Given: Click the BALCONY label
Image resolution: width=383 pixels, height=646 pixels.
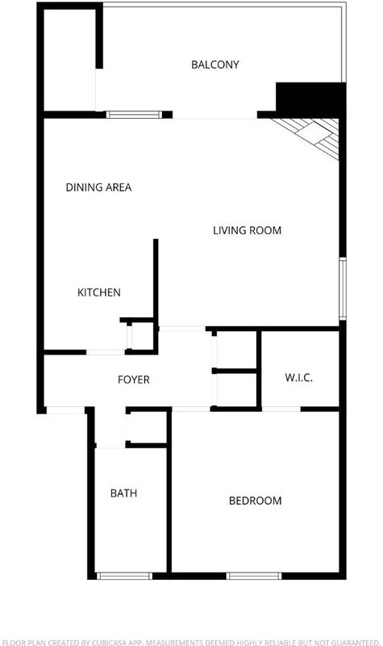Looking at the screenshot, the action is (x=214, y=65).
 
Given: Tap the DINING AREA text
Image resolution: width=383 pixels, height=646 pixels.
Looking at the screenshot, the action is (x=98, y=187).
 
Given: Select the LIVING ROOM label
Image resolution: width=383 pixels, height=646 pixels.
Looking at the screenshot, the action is (x=248, y=230).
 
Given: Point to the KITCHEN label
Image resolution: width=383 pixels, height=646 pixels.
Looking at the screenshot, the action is (x=99, y=292).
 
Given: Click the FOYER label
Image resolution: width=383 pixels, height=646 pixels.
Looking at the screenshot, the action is (x=134, y=380).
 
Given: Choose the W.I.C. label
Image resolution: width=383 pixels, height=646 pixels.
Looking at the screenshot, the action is (x=298, y=377).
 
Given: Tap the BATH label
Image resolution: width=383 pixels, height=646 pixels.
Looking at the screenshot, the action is (x=124, y=493).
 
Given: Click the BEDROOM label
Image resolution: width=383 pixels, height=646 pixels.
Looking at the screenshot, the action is (x=256, y=501).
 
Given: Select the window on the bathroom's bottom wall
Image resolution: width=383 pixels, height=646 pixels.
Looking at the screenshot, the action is (x=124, y=576).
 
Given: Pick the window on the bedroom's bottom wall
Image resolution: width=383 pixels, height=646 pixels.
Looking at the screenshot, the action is (x=254, y=576).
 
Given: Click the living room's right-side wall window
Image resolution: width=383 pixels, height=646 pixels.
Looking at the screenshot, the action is (x=343, y=288).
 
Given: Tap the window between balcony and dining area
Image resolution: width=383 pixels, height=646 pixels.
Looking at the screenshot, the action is (x=134, y=115).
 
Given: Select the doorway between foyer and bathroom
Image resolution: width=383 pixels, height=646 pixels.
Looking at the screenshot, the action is (x=110, y=447).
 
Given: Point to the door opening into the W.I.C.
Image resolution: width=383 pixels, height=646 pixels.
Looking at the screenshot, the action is (x=281, y=409).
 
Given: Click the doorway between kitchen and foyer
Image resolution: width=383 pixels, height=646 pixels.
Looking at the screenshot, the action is (x=106, y=352).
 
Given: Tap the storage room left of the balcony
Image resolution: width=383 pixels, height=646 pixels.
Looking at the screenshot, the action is (x=69, y=60).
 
